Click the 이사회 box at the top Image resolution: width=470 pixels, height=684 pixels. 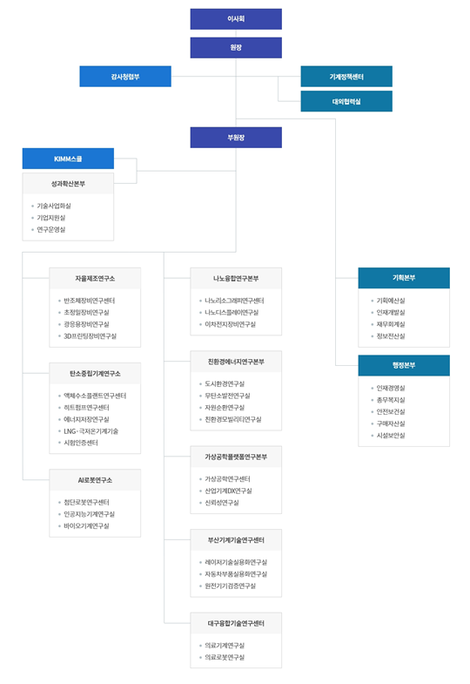(x=236, y=19)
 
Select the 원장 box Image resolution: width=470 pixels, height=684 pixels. (x=236, y=48)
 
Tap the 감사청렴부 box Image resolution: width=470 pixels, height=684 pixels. (x=125, y=77)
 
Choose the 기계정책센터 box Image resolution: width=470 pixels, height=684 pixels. (x=346, y=77)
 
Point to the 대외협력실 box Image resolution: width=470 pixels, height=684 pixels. (x=346, y=101)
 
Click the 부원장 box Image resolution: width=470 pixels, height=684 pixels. (x=236, y=138)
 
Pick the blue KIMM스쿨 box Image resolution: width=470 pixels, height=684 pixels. (x=68, y=159)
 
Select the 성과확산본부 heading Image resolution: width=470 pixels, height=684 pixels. (x=68, y=184)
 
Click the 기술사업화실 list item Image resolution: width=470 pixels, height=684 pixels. (x=54, y=206)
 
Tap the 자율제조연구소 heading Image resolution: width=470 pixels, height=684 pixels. (x=95, y=279)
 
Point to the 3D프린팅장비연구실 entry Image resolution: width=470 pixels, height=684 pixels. (x=90, y=335)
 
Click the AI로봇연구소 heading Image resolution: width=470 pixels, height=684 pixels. (x=95, y=480)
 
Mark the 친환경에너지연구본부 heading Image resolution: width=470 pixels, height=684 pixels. (x=236, y=362)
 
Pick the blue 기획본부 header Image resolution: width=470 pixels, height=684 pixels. (x=404, y=278)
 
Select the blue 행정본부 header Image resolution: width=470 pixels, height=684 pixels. (x=404, y=365)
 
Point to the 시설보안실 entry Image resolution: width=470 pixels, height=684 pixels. (x=391, y=435)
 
